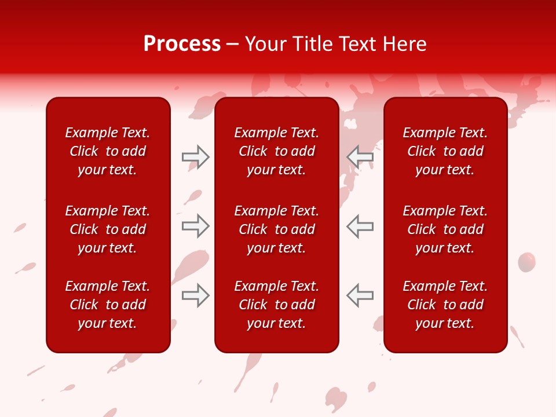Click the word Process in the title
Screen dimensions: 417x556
tap(182, 44)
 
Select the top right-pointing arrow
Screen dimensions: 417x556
tap(195, 157)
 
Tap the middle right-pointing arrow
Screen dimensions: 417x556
tap(195, 226)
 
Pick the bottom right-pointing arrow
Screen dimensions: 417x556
tap(195, 295)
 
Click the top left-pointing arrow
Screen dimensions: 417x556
tap(360, 157)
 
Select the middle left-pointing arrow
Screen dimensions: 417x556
tap(360, 226)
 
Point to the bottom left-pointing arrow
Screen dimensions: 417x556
tap(360, 295)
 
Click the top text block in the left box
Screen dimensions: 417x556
tap(108, 151)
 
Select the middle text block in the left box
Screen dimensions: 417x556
tap(108, 229)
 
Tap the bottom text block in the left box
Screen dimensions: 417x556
tap(108, 305)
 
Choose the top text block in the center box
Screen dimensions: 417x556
tap(277, 151)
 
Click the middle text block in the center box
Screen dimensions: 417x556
tap(277, 229)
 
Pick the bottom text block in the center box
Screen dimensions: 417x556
tap(277, 305)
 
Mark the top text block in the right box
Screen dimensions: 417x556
tap(445, 151)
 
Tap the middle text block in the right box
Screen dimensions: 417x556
tap(445, 229)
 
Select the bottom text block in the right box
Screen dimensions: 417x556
tap(445, 305)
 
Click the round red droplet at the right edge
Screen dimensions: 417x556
tap(526, 262)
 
